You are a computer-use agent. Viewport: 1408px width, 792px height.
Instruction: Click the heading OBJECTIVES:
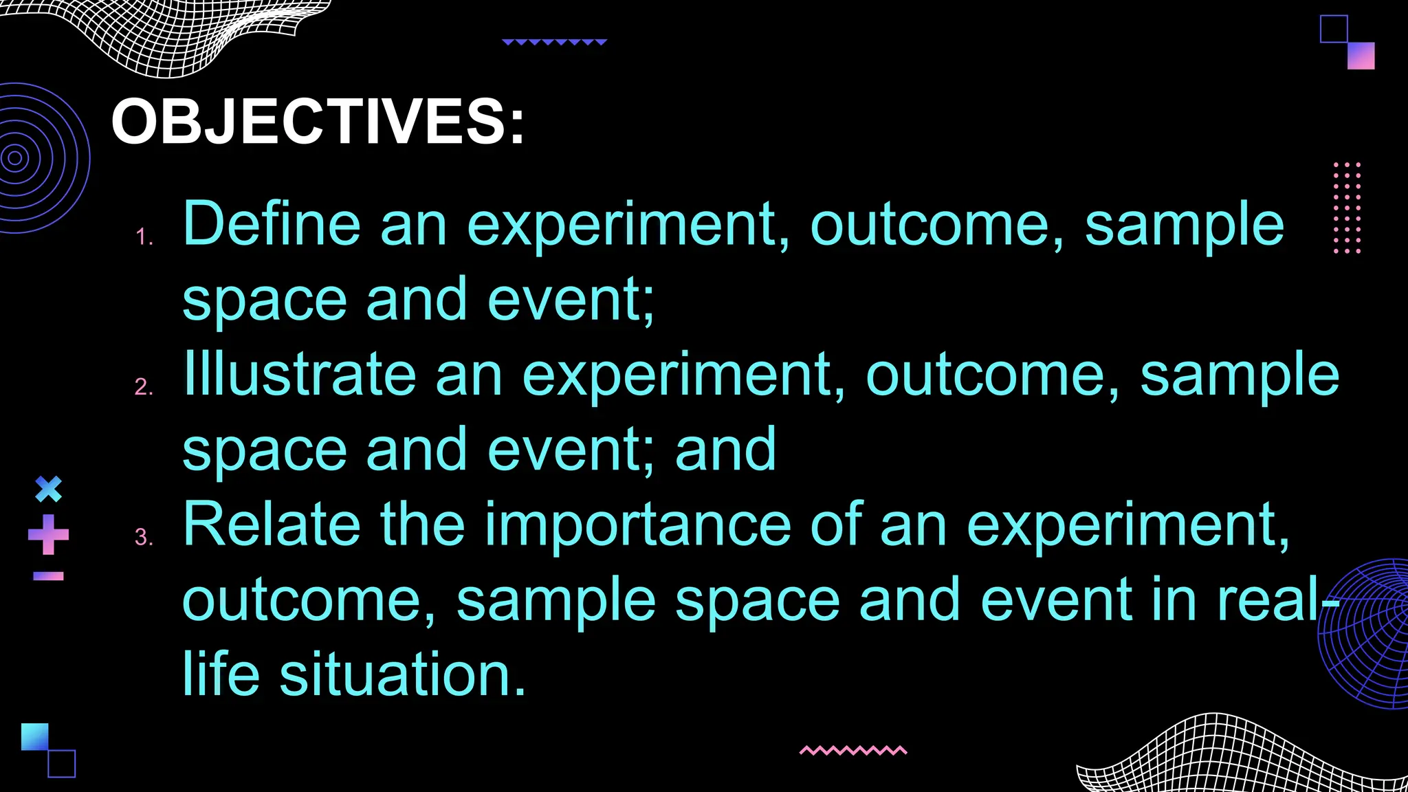pos(318,122)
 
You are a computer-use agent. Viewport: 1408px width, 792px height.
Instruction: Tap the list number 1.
pos(143,238)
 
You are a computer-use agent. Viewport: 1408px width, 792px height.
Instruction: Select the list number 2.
pos(143,387)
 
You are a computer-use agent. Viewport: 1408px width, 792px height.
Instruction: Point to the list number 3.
pos(143,538)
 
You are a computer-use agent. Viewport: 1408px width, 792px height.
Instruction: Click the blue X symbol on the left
pos(48,489)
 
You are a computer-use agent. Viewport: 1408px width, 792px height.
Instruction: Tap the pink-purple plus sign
pos(48,534)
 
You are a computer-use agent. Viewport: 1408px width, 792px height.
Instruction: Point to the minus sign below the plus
pos(48,576)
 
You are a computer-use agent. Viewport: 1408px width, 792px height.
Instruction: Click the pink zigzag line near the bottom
pos(853,750)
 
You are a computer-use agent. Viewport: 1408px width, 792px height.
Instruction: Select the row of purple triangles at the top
pos(554,42)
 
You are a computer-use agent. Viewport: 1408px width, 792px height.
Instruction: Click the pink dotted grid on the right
pos(1347,208)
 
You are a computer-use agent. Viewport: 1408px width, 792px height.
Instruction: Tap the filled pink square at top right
pos(1361,56)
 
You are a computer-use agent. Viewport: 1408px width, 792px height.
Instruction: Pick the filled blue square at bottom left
pos(35,736)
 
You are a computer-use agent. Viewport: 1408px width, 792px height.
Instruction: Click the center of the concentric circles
pos(15,158)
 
